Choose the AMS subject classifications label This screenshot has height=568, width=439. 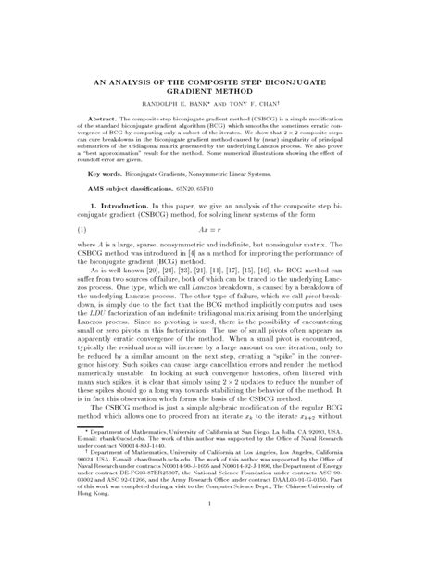[x=161, y=188]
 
